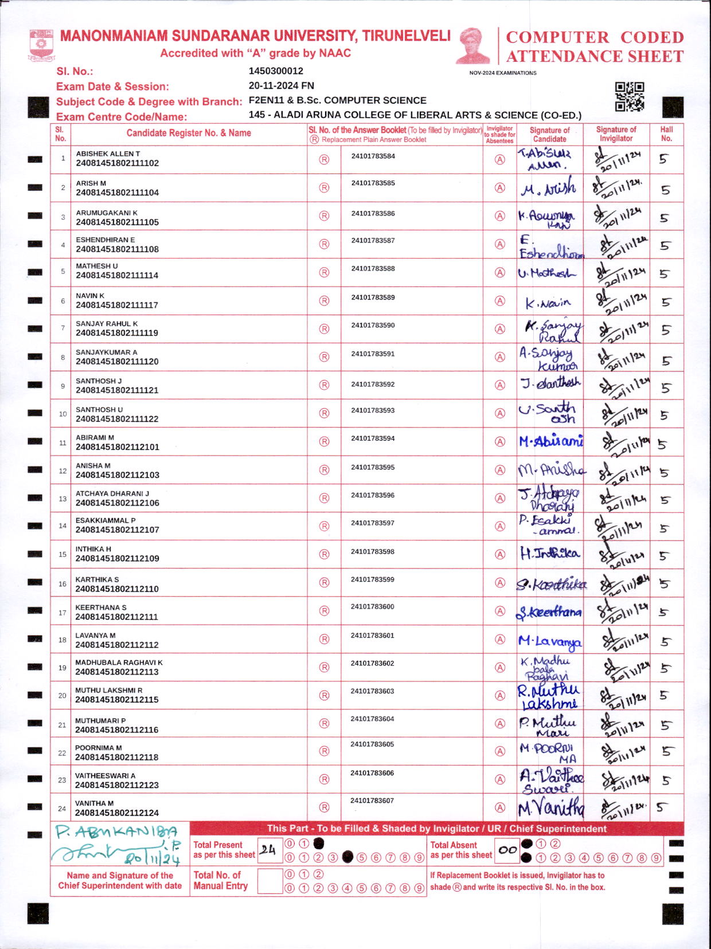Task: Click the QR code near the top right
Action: pyautogui.click(x=630, y=96)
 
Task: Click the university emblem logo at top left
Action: pyautogui.click(x=41, y=45)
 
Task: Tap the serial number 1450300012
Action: pyautogui.click(x=276, y=71)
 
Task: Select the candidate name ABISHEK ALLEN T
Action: pyautogui.click(x=108, y=154)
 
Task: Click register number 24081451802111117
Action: pyautogui.click(x=117, y=305)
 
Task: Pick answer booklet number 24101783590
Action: pyautogui.click(x=373, y=326)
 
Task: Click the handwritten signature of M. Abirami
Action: pyautogui.click(x=550, y=441)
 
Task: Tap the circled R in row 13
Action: pyautogui.click(x=324, y=498)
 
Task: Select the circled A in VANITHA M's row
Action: pyautogui.click(x=500, y=807)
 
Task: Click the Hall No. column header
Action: pyautogui.click(x=666, y=134)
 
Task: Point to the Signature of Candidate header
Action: pyautogui.click(x=549, y=134)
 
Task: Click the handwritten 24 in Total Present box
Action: pyautogui.click(x=267, y=850)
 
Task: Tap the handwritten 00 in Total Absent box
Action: pyautogui.click(x=507, y=850)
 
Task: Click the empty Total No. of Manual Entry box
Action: pyautogui.click(x=269, y=881)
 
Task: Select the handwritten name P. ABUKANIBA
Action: pyautogui.click(x=116, y=832)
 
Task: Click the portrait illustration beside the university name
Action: pyautogui.click(x=473, y=46)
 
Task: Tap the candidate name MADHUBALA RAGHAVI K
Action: pyautogui.click(x=119, y=662)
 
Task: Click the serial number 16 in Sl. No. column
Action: pyautogui.click(x=62, y=584)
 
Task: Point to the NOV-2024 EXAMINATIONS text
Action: pyautogui.click(x=503, y=73)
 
